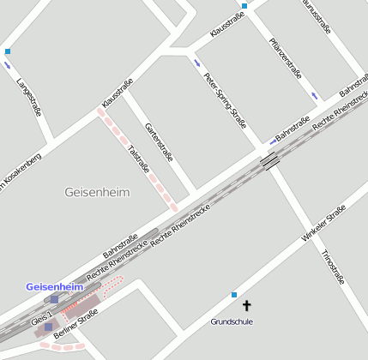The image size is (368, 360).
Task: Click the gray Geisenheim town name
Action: click(97, 192)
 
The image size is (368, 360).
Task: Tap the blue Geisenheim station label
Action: click(53, 286)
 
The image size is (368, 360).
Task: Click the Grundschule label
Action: click(232, 321)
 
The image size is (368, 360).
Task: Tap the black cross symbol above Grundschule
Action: click(247, 305)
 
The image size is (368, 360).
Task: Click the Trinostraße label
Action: click(332, 267)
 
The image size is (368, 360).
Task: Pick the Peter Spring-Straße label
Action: click(226, 101)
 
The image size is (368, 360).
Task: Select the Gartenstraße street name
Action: click(160, 142)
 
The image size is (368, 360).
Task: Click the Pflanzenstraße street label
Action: click(285, 58)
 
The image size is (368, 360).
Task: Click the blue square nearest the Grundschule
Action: click(233, 295)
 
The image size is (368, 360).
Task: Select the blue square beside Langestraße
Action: click(8, 51)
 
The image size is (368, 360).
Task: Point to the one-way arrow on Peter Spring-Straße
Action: click(198, 63)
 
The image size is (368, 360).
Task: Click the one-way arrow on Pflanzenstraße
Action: click(314, 95)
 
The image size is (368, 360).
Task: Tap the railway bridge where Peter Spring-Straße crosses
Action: click(269, 160)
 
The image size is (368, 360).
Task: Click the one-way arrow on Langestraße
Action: click(9, 65)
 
